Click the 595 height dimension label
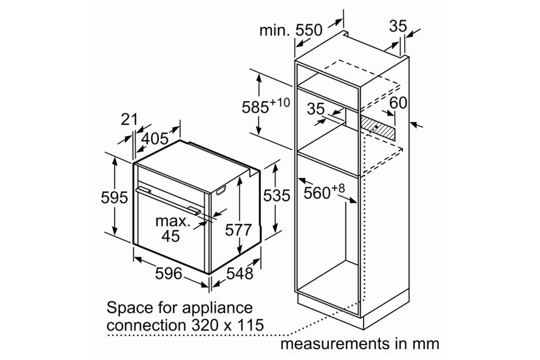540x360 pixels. pos(114,198)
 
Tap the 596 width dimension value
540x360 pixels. pos(168,274)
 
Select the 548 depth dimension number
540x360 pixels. pos(239,274)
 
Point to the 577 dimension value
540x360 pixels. pos(238,230)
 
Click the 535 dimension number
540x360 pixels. pos(276,195)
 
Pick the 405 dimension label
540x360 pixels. pos(154,139)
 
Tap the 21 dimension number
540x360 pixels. pos(129,119)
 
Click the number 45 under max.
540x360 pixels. pos(171,236)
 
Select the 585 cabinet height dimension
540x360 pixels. pos(255,107)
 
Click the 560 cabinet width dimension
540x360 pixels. pos(316,193)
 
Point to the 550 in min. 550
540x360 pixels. pos(309,30)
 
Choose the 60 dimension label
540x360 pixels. pos(398,103)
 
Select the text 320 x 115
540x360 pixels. pos(228,325)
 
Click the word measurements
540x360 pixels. pos(335,344)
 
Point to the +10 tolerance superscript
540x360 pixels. pos(279,103)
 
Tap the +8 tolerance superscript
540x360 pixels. pos(338,188)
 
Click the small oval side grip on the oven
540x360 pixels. pos(222,190)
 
